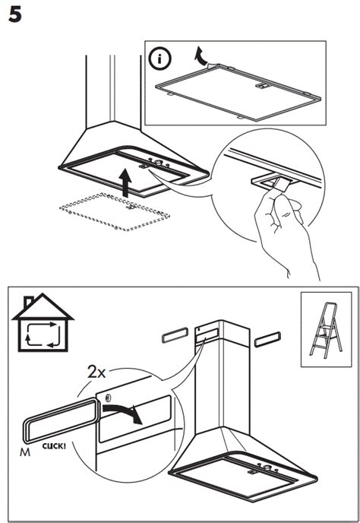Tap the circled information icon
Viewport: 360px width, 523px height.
[x=160, y=57]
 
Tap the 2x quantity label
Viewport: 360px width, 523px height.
[x=97, y=372]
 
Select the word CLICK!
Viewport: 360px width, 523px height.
[x=55, y=446]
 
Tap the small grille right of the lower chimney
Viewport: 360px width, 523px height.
[x=270, y=338]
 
